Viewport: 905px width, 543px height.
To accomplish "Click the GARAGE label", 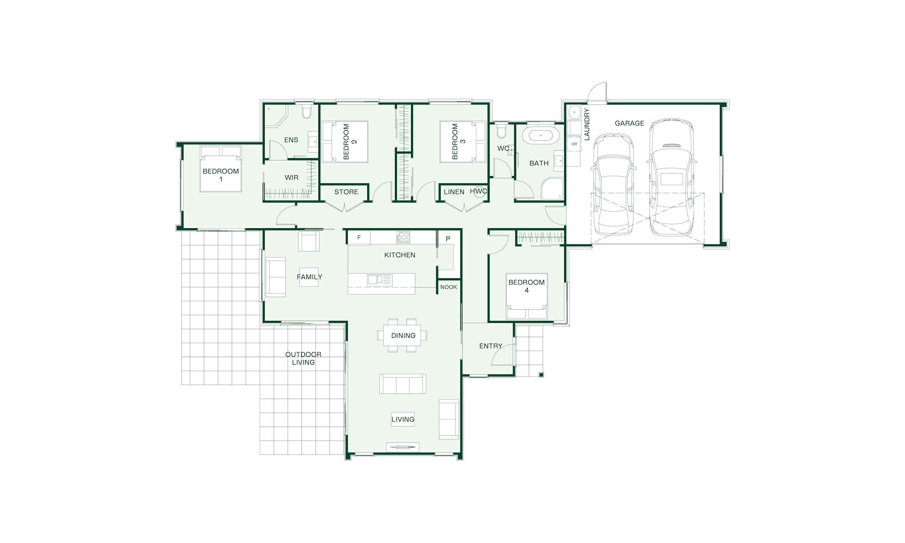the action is [x=629, y=123].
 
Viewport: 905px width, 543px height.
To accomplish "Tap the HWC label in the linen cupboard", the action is [x=478, y=191].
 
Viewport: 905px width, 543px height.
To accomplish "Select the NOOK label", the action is [x=449, y=287].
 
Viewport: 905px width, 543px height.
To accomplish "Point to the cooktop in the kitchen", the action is [x=403, y=237].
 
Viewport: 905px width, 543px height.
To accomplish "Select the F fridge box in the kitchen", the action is [x=358, y=238].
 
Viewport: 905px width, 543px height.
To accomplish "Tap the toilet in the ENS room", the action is [x=306, y=111].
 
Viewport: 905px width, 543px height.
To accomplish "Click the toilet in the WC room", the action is [x=502, y=131].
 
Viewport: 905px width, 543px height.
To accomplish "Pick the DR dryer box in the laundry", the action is [x=574, y=144].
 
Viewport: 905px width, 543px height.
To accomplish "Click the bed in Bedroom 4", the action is [x=527, y=296].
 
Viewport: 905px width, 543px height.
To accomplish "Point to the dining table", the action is [x=402, y=335].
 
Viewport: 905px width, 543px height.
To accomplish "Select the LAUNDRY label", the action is [x=587, y=124].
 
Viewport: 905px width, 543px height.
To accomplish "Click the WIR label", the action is [x=291, y=177].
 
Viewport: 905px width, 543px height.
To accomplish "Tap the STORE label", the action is [x=346, y=192].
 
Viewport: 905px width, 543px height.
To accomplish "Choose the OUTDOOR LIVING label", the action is [x=303, y=358].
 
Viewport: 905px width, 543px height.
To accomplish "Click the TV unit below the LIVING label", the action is [x=402, y=447].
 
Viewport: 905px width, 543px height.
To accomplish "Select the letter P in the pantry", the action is [x=448, y=239].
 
